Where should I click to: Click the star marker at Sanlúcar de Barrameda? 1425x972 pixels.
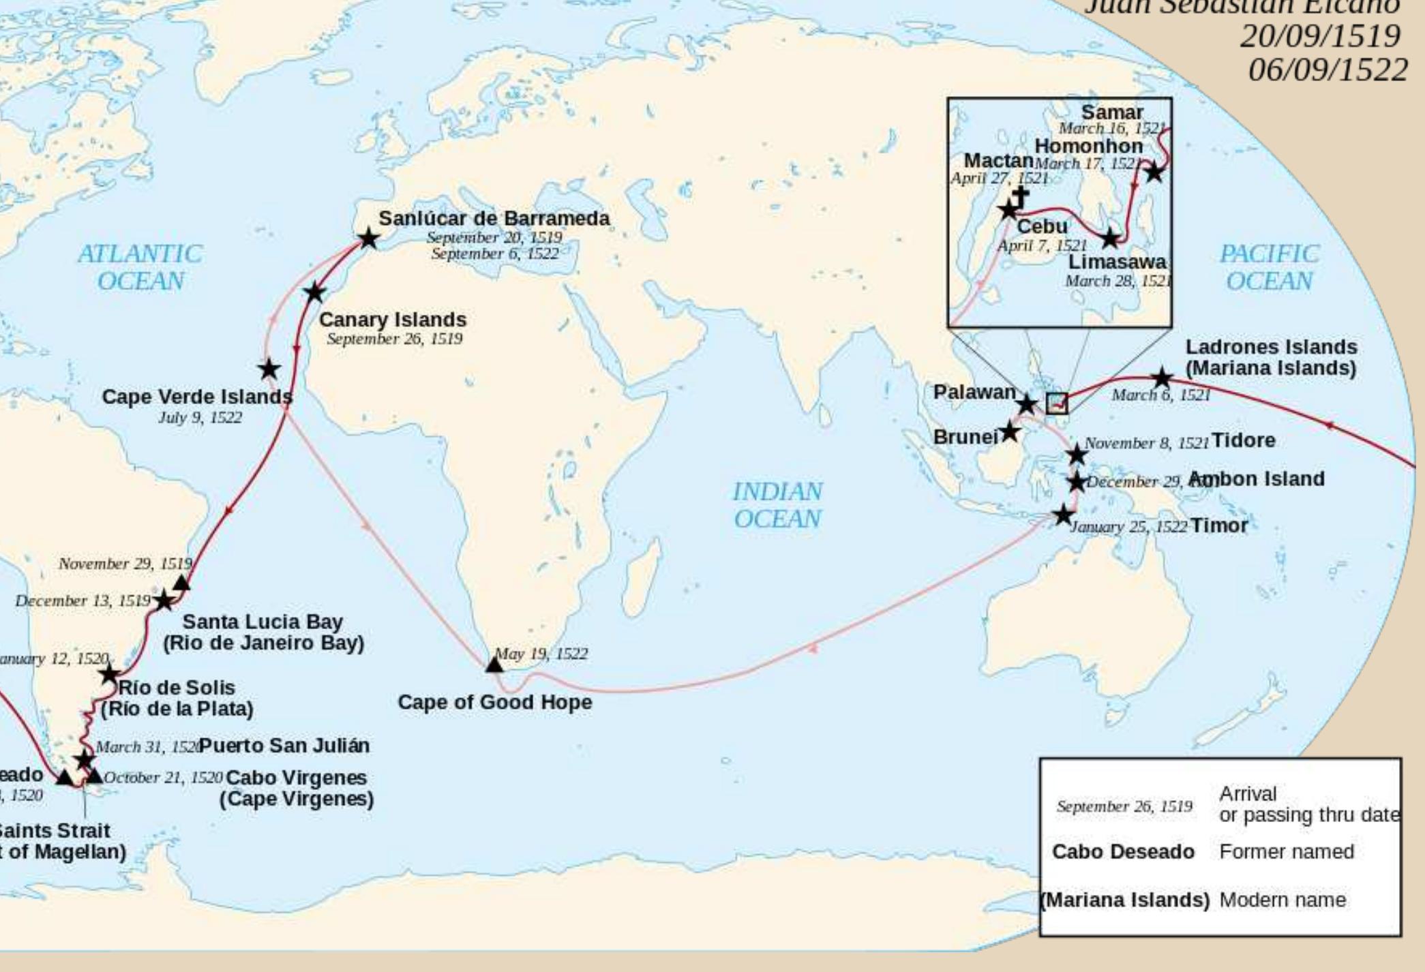tap(368, 239)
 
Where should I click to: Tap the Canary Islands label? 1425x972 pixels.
tap(393, 320)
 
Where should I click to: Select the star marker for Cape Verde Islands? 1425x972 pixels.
tap(269, 369)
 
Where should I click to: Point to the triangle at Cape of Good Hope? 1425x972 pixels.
tap(494, 664)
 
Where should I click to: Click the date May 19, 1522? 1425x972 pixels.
tap(541, 654)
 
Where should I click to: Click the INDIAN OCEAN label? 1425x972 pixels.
tap(778, 505)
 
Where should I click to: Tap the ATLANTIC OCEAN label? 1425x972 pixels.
tap(140, 267)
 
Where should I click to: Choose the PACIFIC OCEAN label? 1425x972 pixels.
tap(1269, 267)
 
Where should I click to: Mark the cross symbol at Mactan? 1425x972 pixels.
tap(1021, 196)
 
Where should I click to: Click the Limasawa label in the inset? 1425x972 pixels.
tap(1117, 262)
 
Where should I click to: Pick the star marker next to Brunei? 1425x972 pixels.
tap(1010, 431)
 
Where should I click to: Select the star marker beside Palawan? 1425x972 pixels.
tap(1026, 404)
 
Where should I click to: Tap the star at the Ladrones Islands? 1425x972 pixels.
tap(1162, 377)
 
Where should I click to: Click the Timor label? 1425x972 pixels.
tap(1219, 526)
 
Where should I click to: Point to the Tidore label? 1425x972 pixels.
tap(1243, 440)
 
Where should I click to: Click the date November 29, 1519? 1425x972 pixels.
tap(125, 564)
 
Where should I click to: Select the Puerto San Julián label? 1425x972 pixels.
tap(284, 746)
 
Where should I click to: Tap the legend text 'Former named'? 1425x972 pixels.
tap(1287, 852)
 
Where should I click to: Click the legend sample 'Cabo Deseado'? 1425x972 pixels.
tap(1123, 852)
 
